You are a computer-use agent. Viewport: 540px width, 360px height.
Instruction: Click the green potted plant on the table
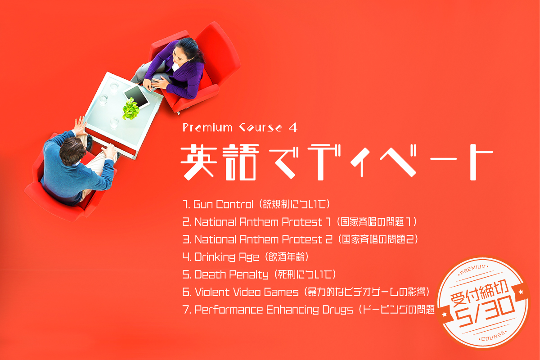[x=131, y=109]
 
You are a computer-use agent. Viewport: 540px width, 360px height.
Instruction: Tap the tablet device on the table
[x=136, y=96]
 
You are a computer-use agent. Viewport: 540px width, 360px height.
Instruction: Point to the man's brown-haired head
[x=72, y=150]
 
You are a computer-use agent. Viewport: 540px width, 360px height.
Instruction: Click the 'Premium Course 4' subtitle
[x=240, y=127]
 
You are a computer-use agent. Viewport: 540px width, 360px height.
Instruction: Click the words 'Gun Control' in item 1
[x=223, y=204]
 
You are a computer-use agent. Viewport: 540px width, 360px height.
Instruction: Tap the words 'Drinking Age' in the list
[x=227, y=257]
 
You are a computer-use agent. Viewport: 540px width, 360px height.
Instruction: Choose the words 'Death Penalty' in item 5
[x=231, y=274]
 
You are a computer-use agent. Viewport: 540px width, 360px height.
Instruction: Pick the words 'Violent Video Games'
[x=247, y=292]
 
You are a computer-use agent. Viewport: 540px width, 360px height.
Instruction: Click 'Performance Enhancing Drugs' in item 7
[x=274, y=310]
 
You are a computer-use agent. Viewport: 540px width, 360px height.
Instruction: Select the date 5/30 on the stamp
[x=485, y=311]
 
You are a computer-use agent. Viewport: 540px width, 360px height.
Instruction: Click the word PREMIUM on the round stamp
[x=473, y=270]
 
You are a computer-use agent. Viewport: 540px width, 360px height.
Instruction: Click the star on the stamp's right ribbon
[x=521, y=292]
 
